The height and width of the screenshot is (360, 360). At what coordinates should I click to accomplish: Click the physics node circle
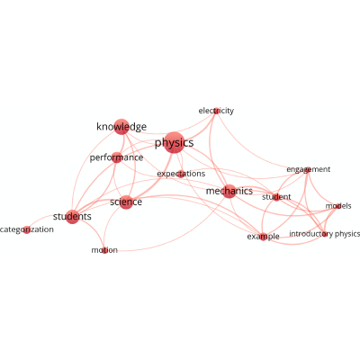174,142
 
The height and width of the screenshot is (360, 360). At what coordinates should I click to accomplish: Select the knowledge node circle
121,127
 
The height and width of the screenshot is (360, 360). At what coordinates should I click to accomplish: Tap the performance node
117,157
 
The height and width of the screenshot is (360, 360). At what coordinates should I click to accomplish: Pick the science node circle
126,202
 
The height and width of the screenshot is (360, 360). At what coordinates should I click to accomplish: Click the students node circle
72,217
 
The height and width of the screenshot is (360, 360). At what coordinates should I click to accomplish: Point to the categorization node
27,229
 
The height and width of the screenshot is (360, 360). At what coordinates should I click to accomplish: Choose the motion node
104,250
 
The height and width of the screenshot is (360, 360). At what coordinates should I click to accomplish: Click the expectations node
181,174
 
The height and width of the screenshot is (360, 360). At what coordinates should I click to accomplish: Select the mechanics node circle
229,191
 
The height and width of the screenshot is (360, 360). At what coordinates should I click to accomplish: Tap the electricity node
216,111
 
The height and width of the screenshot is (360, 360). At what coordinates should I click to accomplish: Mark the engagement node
308,170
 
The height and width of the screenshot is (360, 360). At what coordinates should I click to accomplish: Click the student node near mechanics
276,197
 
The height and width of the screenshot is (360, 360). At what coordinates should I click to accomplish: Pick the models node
338,206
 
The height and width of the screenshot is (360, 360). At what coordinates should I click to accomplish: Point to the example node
263,237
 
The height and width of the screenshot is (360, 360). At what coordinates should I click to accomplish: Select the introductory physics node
324,234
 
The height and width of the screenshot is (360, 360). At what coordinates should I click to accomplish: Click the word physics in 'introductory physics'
347,234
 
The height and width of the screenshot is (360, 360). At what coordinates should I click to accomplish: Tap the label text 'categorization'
27,229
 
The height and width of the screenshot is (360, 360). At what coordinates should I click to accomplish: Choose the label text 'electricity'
216,111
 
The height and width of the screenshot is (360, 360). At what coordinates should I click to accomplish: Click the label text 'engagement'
309,170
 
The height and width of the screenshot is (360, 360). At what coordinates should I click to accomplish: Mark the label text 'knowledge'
121,127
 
